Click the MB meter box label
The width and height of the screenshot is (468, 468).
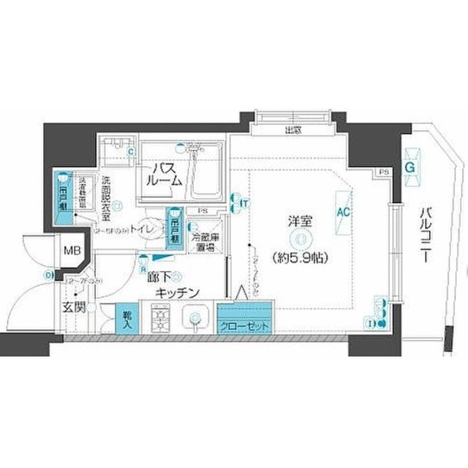(x=72, y=252)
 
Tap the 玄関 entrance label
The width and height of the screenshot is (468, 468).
(x=75, y=307)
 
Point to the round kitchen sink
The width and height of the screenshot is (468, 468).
(x=195, y=318)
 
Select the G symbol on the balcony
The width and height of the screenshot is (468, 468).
(x=410, y=167)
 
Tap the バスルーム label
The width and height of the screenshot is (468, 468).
(x=162, y=175)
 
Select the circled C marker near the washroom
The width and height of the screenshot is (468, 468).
(x=131, y=152)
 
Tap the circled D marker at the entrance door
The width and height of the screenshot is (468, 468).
(x=48, y=275)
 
